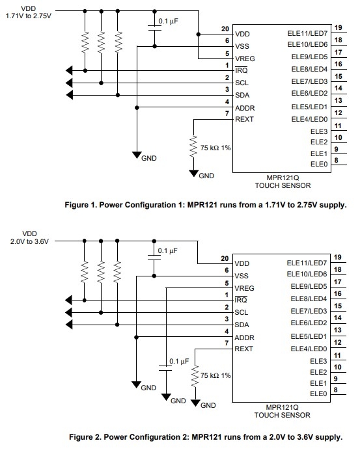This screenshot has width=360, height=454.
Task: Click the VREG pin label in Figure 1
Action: [245, 59]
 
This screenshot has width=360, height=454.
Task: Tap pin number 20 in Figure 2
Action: [225, 258]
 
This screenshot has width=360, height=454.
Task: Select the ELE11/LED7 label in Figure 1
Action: [307, 34]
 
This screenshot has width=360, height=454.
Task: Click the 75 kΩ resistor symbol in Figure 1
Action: [193, 147]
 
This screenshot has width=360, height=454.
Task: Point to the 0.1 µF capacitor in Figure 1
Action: [154, 28]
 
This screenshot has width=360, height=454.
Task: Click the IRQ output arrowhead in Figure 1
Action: [69, 70]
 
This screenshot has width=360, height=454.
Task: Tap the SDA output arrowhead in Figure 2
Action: [69, 325]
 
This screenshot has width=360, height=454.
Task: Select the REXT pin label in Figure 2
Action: [243, 349]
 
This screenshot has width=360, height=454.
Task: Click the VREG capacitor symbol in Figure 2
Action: [165, 368]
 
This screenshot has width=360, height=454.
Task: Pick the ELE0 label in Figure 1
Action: [319, 164]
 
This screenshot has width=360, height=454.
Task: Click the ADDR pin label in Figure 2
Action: [244, 338]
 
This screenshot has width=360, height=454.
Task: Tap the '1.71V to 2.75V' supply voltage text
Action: [29, 16]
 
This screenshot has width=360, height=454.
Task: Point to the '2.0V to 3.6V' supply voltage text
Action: [29, 241]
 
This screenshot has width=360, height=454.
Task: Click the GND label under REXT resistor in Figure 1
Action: [206, 176]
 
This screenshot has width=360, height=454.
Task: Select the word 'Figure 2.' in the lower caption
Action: [85, 436]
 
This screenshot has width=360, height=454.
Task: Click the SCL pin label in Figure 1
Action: [242, 83]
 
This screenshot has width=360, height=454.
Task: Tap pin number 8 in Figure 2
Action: [336, 390]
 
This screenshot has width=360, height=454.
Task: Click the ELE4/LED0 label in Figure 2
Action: [309, 349]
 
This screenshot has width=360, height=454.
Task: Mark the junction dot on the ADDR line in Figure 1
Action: [137, 108]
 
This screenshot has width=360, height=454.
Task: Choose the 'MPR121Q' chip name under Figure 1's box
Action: [283, 178]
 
